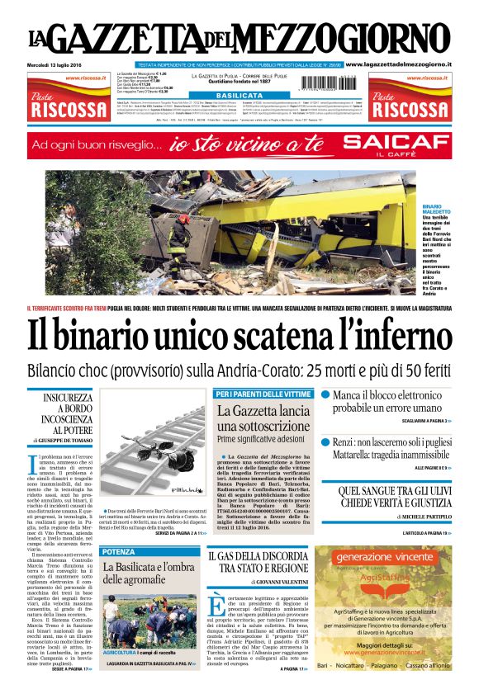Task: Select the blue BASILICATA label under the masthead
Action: pyautogui.click(x=239, y=96)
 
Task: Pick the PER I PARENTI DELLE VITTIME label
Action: pyautogui.click(x=263, y=394)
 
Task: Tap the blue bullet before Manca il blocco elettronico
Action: pyautogui.click(x=325, y=396)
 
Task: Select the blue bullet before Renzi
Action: pyautogui.click(x=325, y=442)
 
